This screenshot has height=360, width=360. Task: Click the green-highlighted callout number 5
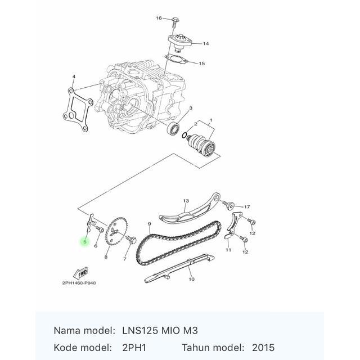pos(85,242)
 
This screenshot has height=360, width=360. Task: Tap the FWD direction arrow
pos(80,273)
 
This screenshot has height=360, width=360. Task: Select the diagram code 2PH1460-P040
pos(79,283)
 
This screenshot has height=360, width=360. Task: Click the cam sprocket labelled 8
pos(116,231)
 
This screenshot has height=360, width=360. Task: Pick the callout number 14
pos(206,44)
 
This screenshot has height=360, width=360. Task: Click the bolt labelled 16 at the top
pos(175,22)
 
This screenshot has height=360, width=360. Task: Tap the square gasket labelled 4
pos(78,110)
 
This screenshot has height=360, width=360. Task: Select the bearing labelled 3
pos(174,129)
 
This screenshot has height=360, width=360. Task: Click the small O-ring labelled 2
pos(184,136)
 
